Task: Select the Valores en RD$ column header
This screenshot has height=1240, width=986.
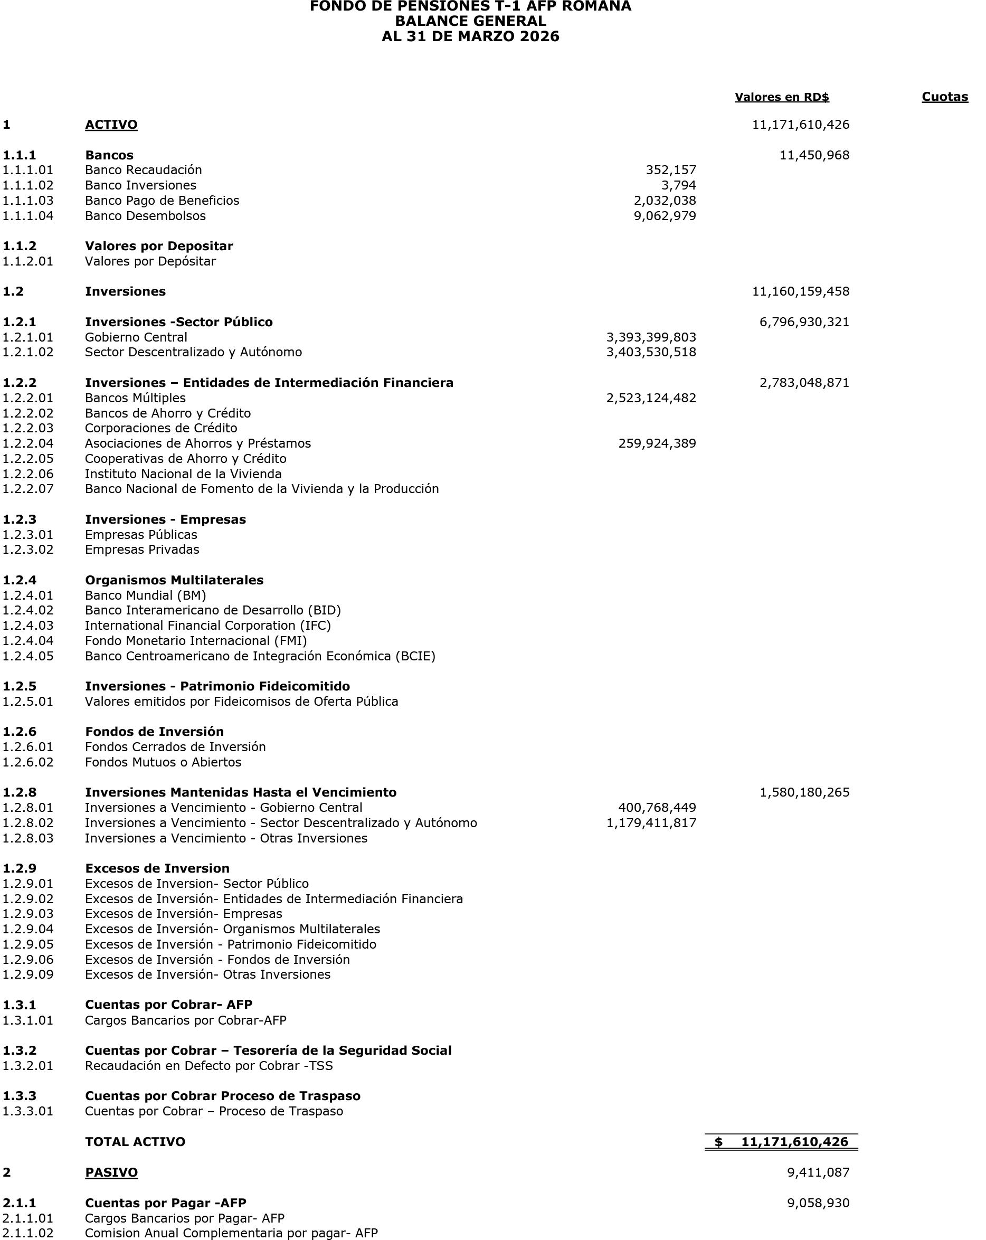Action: pos(781,97)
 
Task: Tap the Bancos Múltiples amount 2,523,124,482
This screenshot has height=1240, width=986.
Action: pos(651,398)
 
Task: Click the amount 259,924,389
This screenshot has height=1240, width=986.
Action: pos(657,443)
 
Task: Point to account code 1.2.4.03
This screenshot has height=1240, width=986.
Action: pos(28,625)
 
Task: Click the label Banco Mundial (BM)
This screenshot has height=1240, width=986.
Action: pos(146,595)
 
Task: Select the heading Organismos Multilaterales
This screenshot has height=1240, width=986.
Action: pos(174,580)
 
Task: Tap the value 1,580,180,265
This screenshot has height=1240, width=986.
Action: pos(804,792)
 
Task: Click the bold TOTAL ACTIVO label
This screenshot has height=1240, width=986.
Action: pos(135,1142)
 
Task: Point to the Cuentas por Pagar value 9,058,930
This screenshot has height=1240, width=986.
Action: pos(818,1203)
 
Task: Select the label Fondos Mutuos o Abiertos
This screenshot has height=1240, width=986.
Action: pos(163,762)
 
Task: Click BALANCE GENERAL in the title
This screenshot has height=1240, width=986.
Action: pos(470,21)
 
